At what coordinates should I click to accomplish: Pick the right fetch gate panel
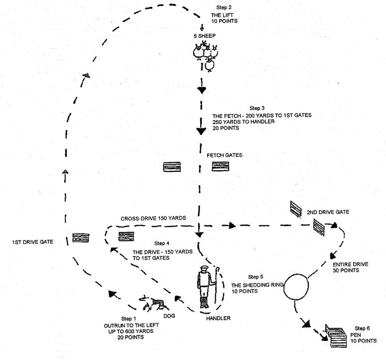pyautogui.click(x=220, y=167)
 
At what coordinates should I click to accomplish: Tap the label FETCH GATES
pyautogui.click(x=224, y=155)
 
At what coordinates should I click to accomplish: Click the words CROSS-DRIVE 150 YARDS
pyautogui.click(x=153, y=219)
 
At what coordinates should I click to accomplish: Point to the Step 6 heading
pyautogui.click(x=362, y=329)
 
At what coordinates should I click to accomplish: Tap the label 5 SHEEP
pyautogui.click(x=203, y=36)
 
